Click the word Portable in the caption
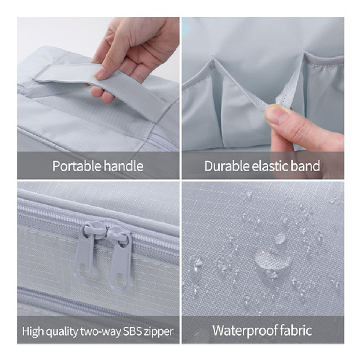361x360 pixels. click(x=76, y=166)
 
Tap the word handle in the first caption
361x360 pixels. click(x=123, y=166)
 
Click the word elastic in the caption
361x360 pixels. click(x=271, y=166)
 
